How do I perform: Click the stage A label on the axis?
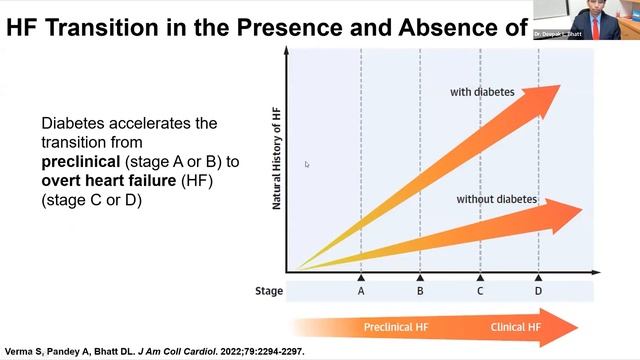361,291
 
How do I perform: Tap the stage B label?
420,291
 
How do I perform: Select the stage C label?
480,291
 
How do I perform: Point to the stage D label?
538,291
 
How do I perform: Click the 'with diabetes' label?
482,93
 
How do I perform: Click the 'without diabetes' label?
496,199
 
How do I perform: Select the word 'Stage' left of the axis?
269,292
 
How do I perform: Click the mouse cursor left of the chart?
307,164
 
